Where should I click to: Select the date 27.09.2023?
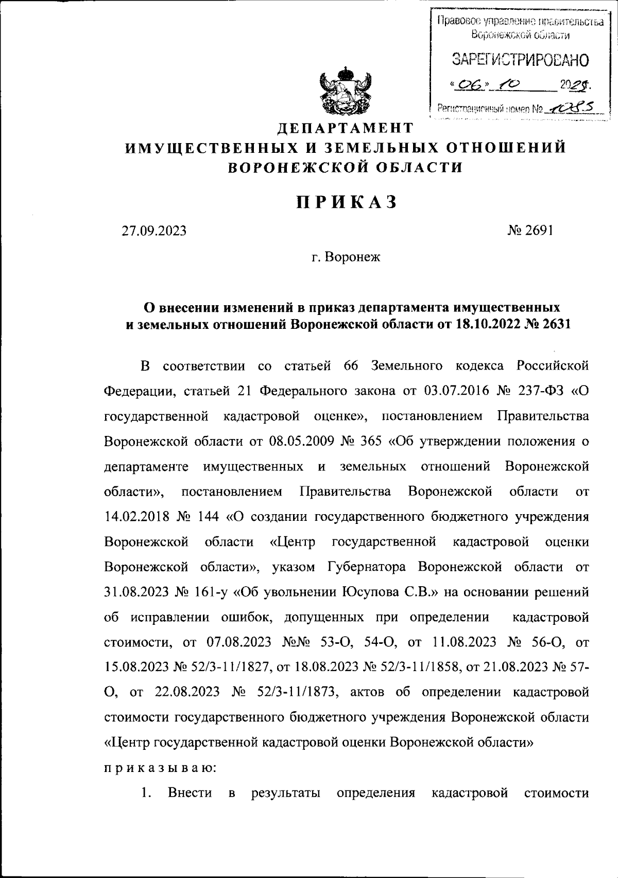point(153,231)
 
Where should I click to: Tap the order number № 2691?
point(530,230)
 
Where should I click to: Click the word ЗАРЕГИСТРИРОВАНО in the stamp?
point(520,61)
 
